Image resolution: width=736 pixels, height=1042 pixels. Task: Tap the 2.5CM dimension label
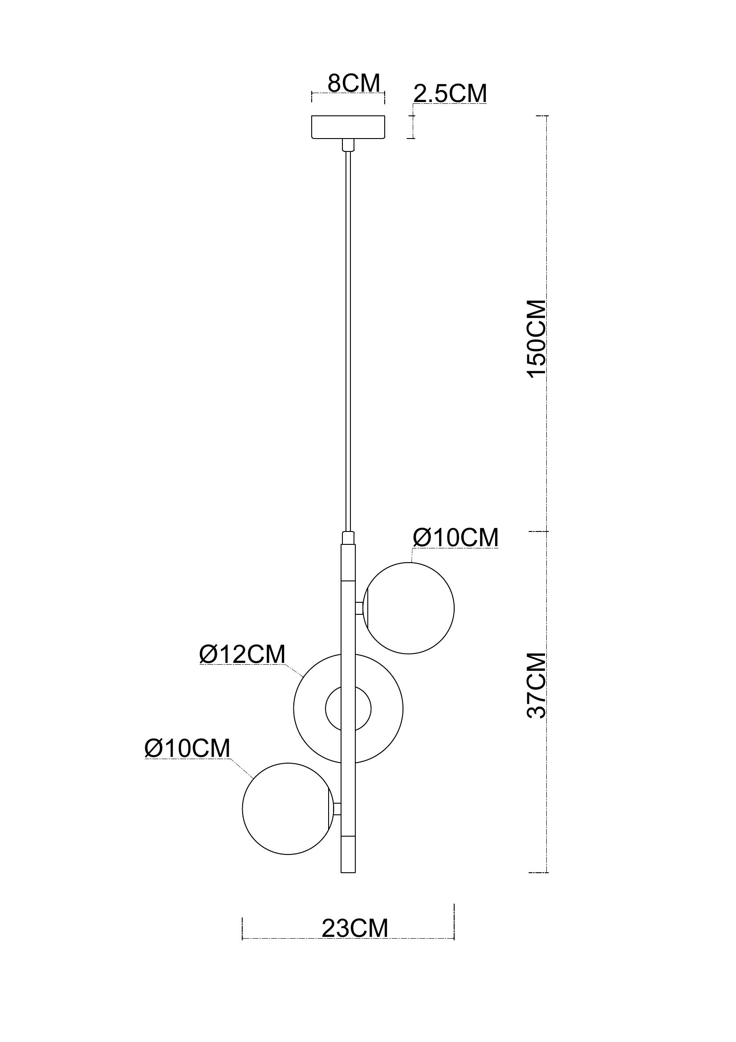[x=450, y=94]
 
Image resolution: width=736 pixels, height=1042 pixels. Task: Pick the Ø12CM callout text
[x=243, y=654]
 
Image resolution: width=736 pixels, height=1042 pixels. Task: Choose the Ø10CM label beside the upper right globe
[x=455, y=538]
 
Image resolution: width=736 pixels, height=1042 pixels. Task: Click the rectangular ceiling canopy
[x=348, y=127]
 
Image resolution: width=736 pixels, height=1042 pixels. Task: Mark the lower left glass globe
[x=288, y=808]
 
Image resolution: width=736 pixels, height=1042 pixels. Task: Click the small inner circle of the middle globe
[x=348, y=708]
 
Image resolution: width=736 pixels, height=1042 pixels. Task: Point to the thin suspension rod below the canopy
[x=348, y=341]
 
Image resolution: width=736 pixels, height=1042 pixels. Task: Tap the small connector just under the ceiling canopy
[x=348, y=145]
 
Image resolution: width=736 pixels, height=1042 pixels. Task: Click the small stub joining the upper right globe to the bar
[x=360, y=608]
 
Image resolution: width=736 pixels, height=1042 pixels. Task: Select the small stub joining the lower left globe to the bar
[x=338, y=809]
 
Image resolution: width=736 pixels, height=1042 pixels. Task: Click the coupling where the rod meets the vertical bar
[x=348, y=538]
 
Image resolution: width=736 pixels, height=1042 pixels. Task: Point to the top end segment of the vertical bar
[x=348, y=563]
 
